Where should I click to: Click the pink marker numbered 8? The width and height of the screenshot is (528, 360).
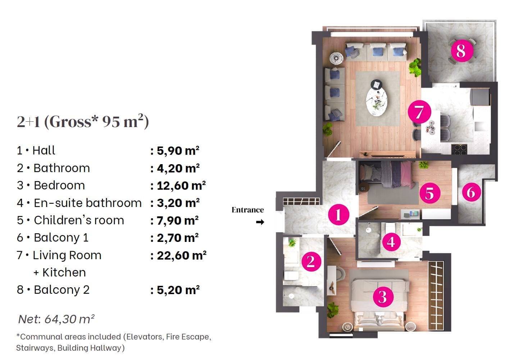[x=462, y=50]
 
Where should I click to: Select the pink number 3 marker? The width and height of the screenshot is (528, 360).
[x=383, y=297]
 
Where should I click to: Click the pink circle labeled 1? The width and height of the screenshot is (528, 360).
[x=339, y=215]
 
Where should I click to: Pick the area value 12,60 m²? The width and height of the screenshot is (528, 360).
[x=181, y=186]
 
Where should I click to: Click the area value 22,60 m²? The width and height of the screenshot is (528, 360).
[x=181, y=256]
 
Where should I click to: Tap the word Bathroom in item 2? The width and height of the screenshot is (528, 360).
[x=62, y=168]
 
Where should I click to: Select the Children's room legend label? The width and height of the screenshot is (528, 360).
[x=79, y=220]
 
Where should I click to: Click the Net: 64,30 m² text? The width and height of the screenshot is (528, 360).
[x=56, y=319]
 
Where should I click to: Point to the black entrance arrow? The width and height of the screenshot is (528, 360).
[x=260, y=222]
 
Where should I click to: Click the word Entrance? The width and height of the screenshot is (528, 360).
[x=247, y=210]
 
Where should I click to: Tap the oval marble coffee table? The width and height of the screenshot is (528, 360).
[x=377, y=102]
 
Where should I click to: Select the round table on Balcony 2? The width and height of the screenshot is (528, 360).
[x=462, y=50]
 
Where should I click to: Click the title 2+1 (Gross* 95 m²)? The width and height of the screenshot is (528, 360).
[x=83, y=121]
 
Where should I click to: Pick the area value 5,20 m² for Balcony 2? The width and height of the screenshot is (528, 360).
[x=178, y=290]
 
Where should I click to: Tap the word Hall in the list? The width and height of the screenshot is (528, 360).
[x=44, y=150]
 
